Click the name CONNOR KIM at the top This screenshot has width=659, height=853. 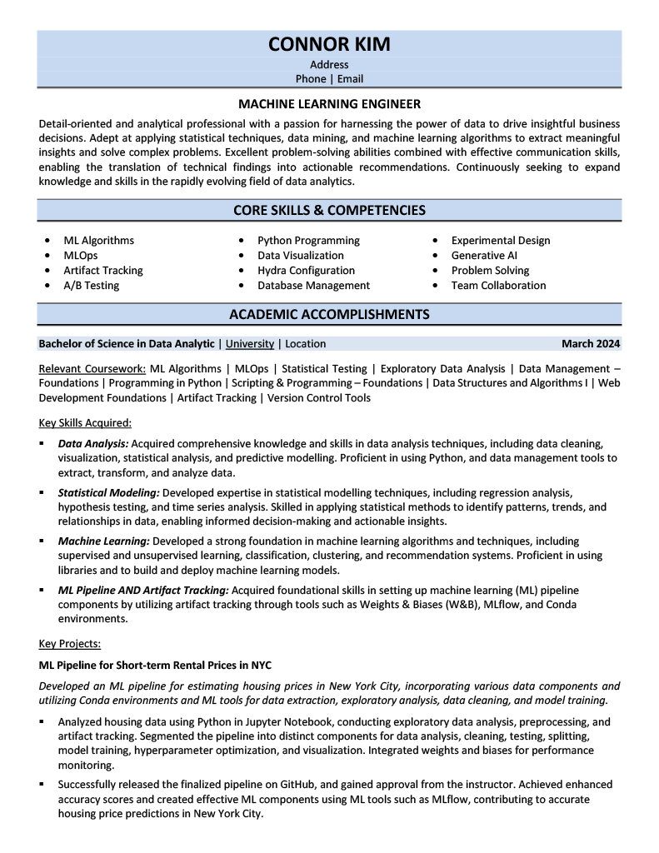coord(329,44)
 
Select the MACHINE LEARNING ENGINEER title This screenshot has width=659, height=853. coord(329,104)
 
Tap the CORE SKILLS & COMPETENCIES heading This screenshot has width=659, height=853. coord(329,211)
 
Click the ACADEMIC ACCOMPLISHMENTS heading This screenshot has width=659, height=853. coord(329,314)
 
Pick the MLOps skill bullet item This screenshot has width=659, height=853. coord(81,256)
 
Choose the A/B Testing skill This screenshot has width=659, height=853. coord(91,286)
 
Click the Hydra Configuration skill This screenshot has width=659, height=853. coord(306,271)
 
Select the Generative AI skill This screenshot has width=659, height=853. coord(484,256)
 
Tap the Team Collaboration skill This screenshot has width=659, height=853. coord(498,286)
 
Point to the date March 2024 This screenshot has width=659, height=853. coord(590,343)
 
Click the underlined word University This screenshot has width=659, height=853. coord(249,343)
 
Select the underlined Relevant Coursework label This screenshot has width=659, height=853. coord(92,368)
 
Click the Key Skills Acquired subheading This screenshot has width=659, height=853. coord(85,422)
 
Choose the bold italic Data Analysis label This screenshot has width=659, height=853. coord(93,444)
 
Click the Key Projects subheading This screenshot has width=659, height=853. coord(70,643)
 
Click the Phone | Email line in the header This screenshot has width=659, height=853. coord(329,79)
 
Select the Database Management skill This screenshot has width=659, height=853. coord(313,286)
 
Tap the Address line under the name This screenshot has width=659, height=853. coord(329,64)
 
